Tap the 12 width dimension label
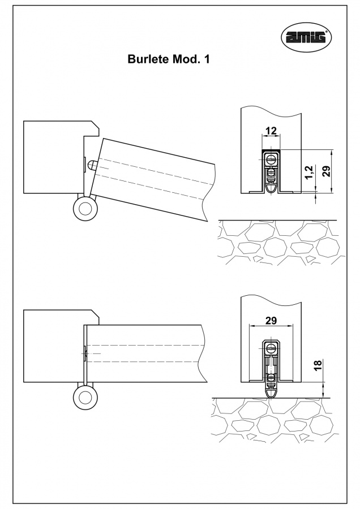[x=271, y=131]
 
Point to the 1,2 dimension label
[x=308, y=173]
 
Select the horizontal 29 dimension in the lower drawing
[x=271, y=321]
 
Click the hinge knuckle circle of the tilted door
[x=85, y=209]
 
